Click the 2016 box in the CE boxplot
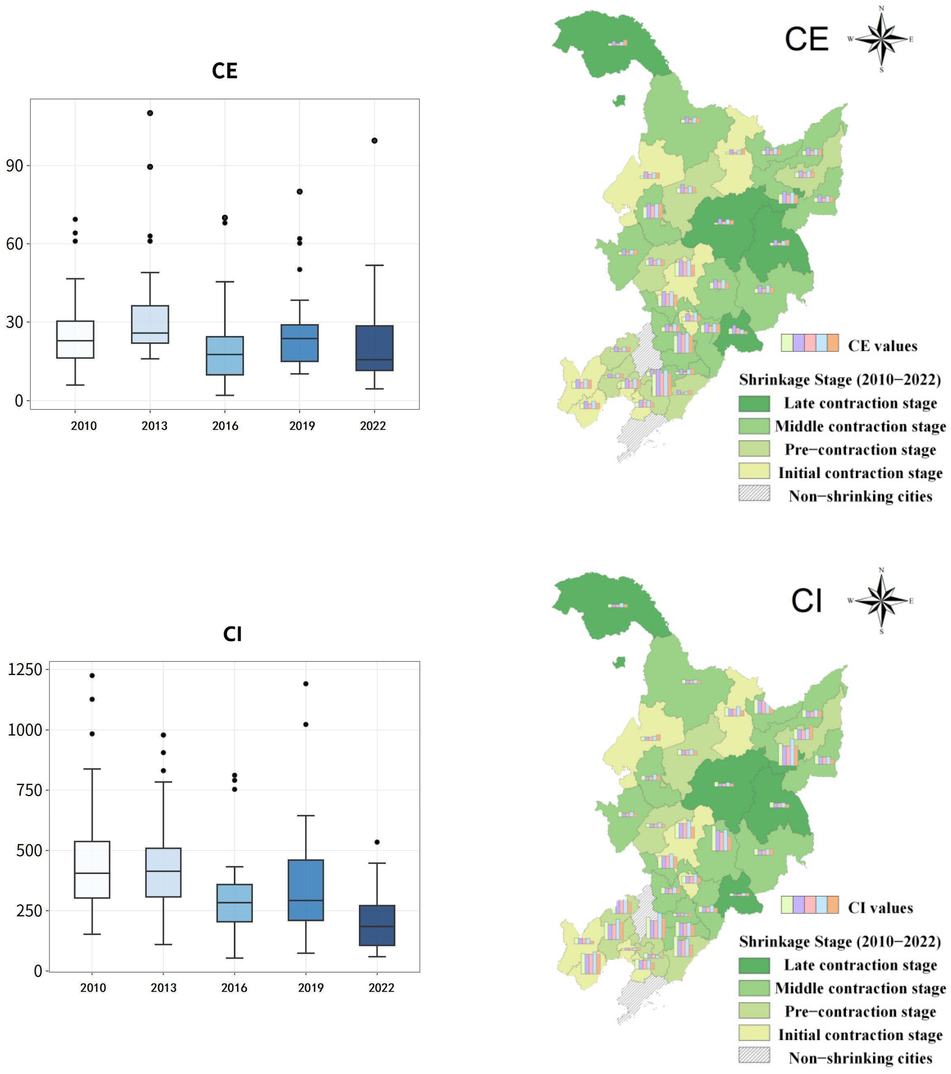coord(225,356)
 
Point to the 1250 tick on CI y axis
coord(25,669)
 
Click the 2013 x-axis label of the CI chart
coord(163,988)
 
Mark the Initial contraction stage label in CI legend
coord(860,1035)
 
